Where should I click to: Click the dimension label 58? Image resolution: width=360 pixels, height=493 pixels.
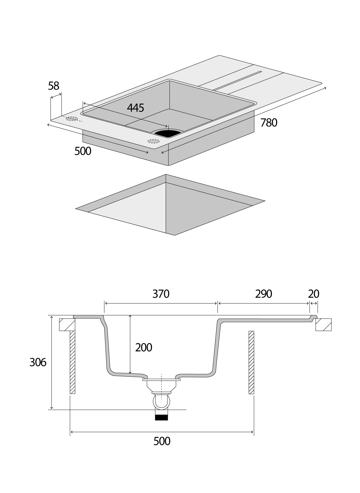point(54,86)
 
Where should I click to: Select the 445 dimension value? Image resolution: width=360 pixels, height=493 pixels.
point(136,108)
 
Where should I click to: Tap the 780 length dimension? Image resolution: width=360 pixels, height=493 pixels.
point(269,123)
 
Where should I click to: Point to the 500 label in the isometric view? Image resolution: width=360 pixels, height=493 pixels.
point(83,151)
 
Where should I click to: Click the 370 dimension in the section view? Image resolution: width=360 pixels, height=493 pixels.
point(161,294)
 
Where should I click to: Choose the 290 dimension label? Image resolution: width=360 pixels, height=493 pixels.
point(264,294)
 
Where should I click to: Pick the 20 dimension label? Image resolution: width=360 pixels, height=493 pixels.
point(313,294)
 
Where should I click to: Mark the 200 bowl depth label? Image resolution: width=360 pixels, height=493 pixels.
point(144,348)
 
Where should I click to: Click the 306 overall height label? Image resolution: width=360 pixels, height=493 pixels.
point(38,362)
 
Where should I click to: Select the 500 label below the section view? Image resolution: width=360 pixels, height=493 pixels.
point(162,441)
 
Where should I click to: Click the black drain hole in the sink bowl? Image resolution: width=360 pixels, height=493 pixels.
point(167,133)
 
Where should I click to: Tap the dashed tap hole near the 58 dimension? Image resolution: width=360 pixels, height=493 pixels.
point(72,119)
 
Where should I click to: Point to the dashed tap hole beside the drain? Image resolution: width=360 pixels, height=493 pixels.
point(154,141)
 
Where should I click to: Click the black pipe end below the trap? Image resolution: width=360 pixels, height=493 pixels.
point(161,418)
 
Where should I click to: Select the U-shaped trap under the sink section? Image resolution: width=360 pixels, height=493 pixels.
point(161,402)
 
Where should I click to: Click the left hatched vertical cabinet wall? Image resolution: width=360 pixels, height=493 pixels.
point(72,362)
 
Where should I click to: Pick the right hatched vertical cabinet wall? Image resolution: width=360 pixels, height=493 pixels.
point(251,362)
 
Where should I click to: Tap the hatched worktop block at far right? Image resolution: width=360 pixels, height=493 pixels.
point(324,324)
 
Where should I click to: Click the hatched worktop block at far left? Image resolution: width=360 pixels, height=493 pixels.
point(67,324)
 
